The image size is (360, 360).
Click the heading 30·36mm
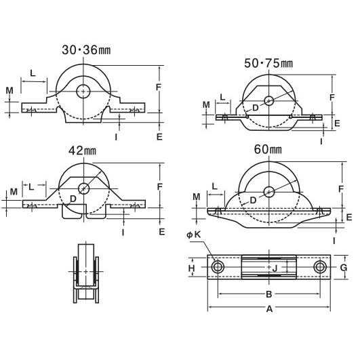pos(86,50)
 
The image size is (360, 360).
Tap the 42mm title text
pos(82,151)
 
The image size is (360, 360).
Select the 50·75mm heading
pos(268,63)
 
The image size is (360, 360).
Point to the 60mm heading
pos(268,149)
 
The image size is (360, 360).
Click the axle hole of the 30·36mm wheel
pos(83,92)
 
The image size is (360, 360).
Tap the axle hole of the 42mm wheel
pos(84,188)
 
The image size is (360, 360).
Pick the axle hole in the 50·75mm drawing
pos(268,101)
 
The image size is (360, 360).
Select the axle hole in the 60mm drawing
pos(269,192)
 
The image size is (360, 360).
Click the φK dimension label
pos(193,235)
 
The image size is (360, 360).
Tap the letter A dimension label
pos(269,309)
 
